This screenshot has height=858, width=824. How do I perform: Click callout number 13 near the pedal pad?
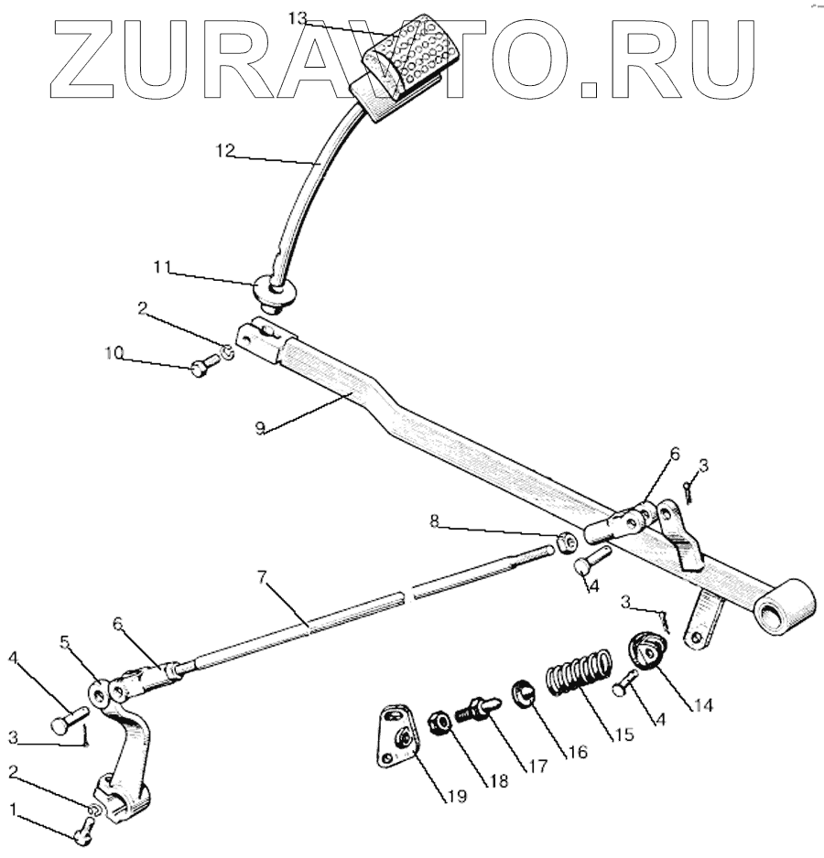point(299,17)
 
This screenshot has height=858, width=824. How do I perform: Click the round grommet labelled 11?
point(275,292)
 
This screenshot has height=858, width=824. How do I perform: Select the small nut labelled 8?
point(567,542)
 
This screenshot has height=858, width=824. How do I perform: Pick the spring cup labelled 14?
point(650,651)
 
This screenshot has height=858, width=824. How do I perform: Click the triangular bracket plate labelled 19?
point(396,735)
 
